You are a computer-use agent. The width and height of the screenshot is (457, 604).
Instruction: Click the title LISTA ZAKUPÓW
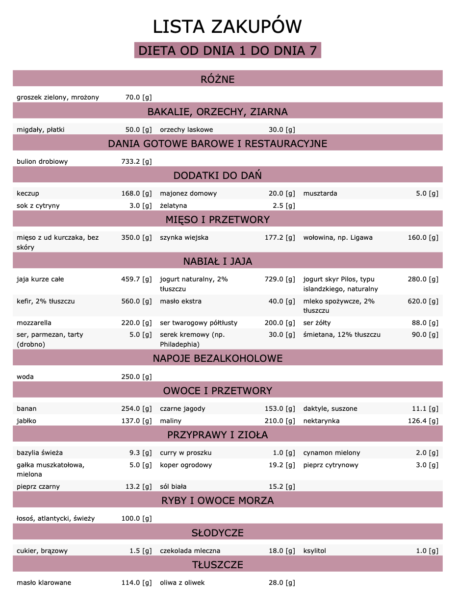(x=227, y=26)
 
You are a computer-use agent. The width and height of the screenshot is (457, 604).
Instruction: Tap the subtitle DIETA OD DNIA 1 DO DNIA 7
(x=228, y=50)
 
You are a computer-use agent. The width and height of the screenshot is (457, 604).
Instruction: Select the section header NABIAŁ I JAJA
(x=218, y=261)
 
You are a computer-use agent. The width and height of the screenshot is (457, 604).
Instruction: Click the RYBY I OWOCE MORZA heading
(x=218, y=501)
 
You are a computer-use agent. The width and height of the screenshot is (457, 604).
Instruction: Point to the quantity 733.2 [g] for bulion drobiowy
(x=136, y=161)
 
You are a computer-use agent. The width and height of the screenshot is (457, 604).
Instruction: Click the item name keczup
(x=28, y=193)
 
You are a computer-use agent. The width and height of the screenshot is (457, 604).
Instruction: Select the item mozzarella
(x=34, y=323)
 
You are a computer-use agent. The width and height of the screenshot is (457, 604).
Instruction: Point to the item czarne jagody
(x=182, y=408)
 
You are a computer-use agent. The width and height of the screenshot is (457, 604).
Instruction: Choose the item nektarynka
(x=321, y=421)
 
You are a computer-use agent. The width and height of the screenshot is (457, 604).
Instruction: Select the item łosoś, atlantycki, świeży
(x=55, y=518)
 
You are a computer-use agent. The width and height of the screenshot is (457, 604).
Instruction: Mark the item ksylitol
(x=314, y=551)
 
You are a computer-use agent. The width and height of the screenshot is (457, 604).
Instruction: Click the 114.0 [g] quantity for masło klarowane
(x=136, y=582)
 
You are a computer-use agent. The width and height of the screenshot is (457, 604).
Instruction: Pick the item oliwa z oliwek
(x=182, y=582)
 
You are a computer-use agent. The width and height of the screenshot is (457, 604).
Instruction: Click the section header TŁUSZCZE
(x=218, y=564)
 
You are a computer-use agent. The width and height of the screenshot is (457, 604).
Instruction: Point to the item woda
(x=25, y=377)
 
